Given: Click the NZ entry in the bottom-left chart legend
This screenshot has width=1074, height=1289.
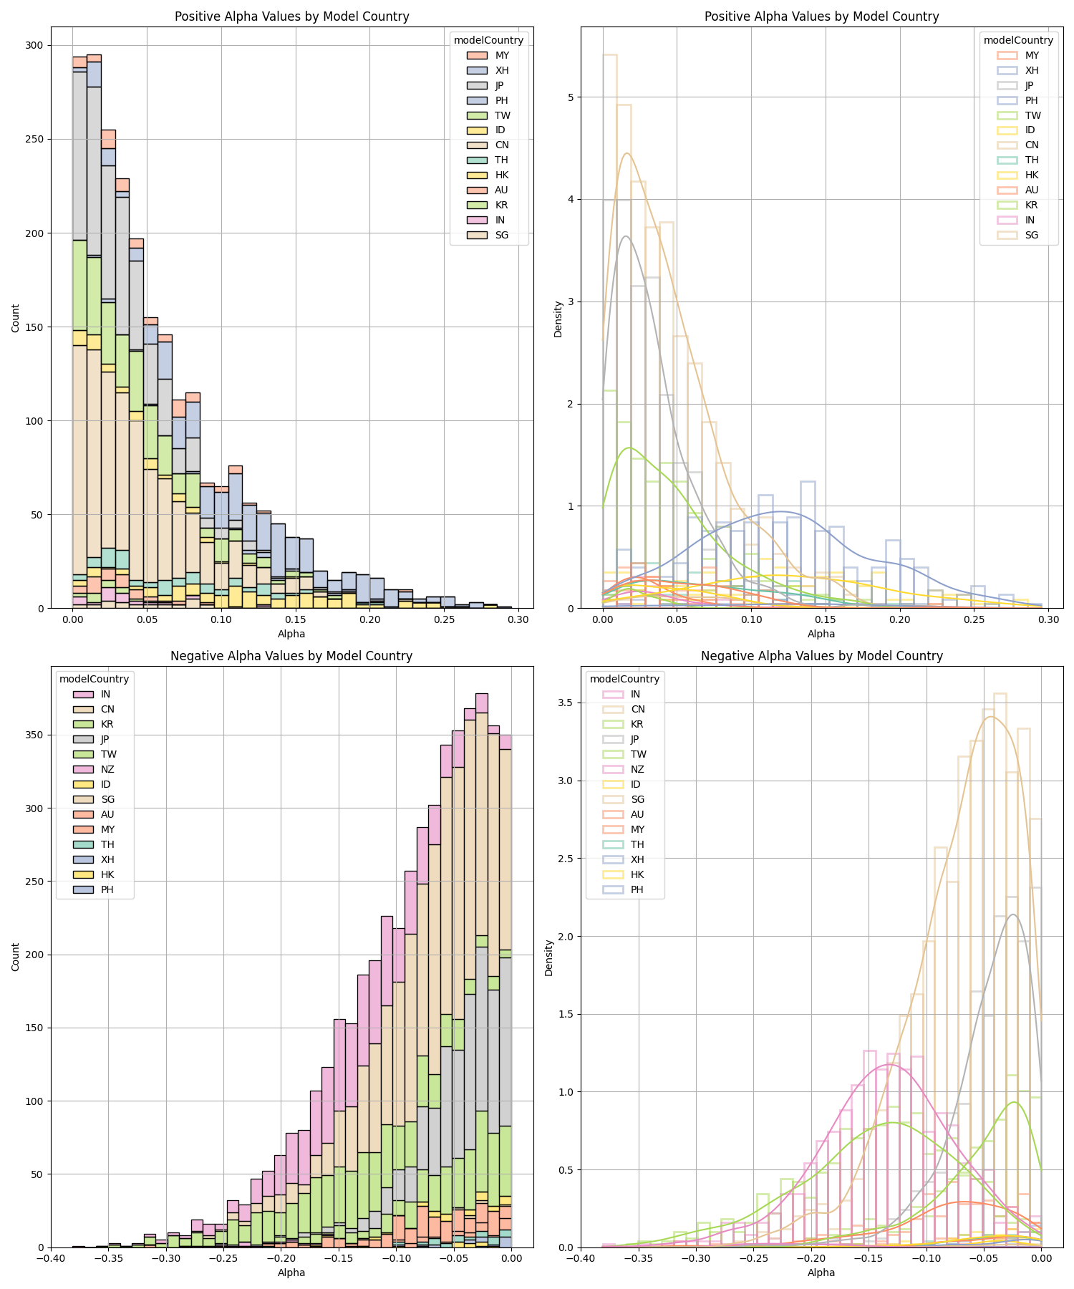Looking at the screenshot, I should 107,769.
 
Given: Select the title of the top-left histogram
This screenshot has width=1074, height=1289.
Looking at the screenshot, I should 291,16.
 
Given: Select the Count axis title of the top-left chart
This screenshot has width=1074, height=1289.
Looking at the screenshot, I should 16,317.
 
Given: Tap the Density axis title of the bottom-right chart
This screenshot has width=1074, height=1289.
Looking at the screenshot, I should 549,957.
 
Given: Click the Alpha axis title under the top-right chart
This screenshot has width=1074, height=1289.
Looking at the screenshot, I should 821,634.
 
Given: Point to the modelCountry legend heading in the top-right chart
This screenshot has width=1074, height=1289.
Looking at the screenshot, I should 1018,40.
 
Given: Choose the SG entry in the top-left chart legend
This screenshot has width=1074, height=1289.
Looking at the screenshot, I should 502,235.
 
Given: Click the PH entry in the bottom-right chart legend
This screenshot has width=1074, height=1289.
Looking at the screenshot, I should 637,889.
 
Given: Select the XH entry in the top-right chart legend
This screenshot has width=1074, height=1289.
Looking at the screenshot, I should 1032,70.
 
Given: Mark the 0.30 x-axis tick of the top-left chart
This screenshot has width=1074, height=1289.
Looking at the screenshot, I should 518,619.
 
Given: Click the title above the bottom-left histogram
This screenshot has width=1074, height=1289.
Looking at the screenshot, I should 291,656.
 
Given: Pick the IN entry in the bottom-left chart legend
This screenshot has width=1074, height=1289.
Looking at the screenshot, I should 105,694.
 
